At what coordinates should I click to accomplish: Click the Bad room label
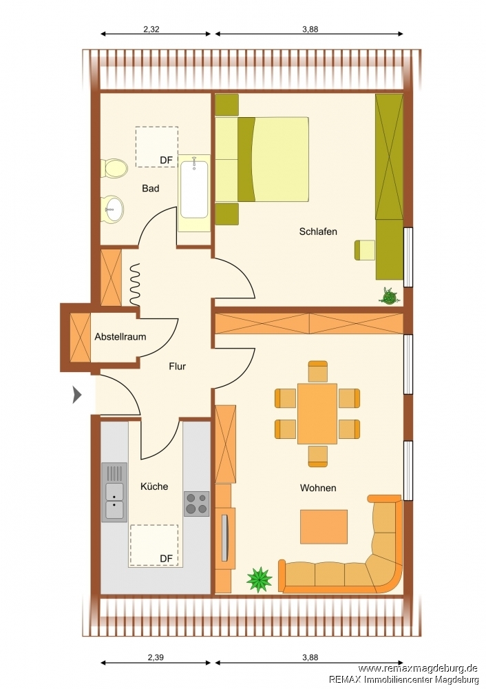tap(151, 189)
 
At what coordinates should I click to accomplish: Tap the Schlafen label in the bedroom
tap(318, 232)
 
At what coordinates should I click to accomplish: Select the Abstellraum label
tap(120, 337)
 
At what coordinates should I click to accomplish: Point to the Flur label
tap(178, 366)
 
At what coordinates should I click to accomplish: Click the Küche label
tap(154, 486)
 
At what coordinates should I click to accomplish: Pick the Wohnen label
tap(318, 488)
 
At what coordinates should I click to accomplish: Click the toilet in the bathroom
tap(114, 168)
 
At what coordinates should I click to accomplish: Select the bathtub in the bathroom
tap(194, 194)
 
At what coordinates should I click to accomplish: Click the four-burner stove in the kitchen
tap(196, 504)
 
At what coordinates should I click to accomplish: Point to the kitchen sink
tap(114, 492)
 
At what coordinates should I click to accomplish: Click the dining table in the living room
tap(317, 413)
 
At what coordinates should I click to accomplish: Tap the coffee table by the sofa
tap(324, 526)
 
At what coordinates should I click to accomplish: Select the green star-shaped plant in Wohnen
tap(260, 579)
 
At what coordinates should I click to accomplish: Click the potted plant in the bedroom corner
tap(388, 296)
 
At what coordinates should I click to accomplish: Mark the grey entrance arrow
tap(77, 395)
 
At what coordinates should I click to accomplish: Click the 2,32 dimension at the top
tap(151, 30)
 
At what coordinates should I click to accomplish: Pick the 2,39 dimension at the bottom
tap(156, 658)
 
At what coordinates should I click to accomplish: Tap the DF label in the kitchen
tap(166, 559)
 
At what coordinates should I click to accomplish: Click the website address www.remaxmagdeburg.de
tap(418, 668)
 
